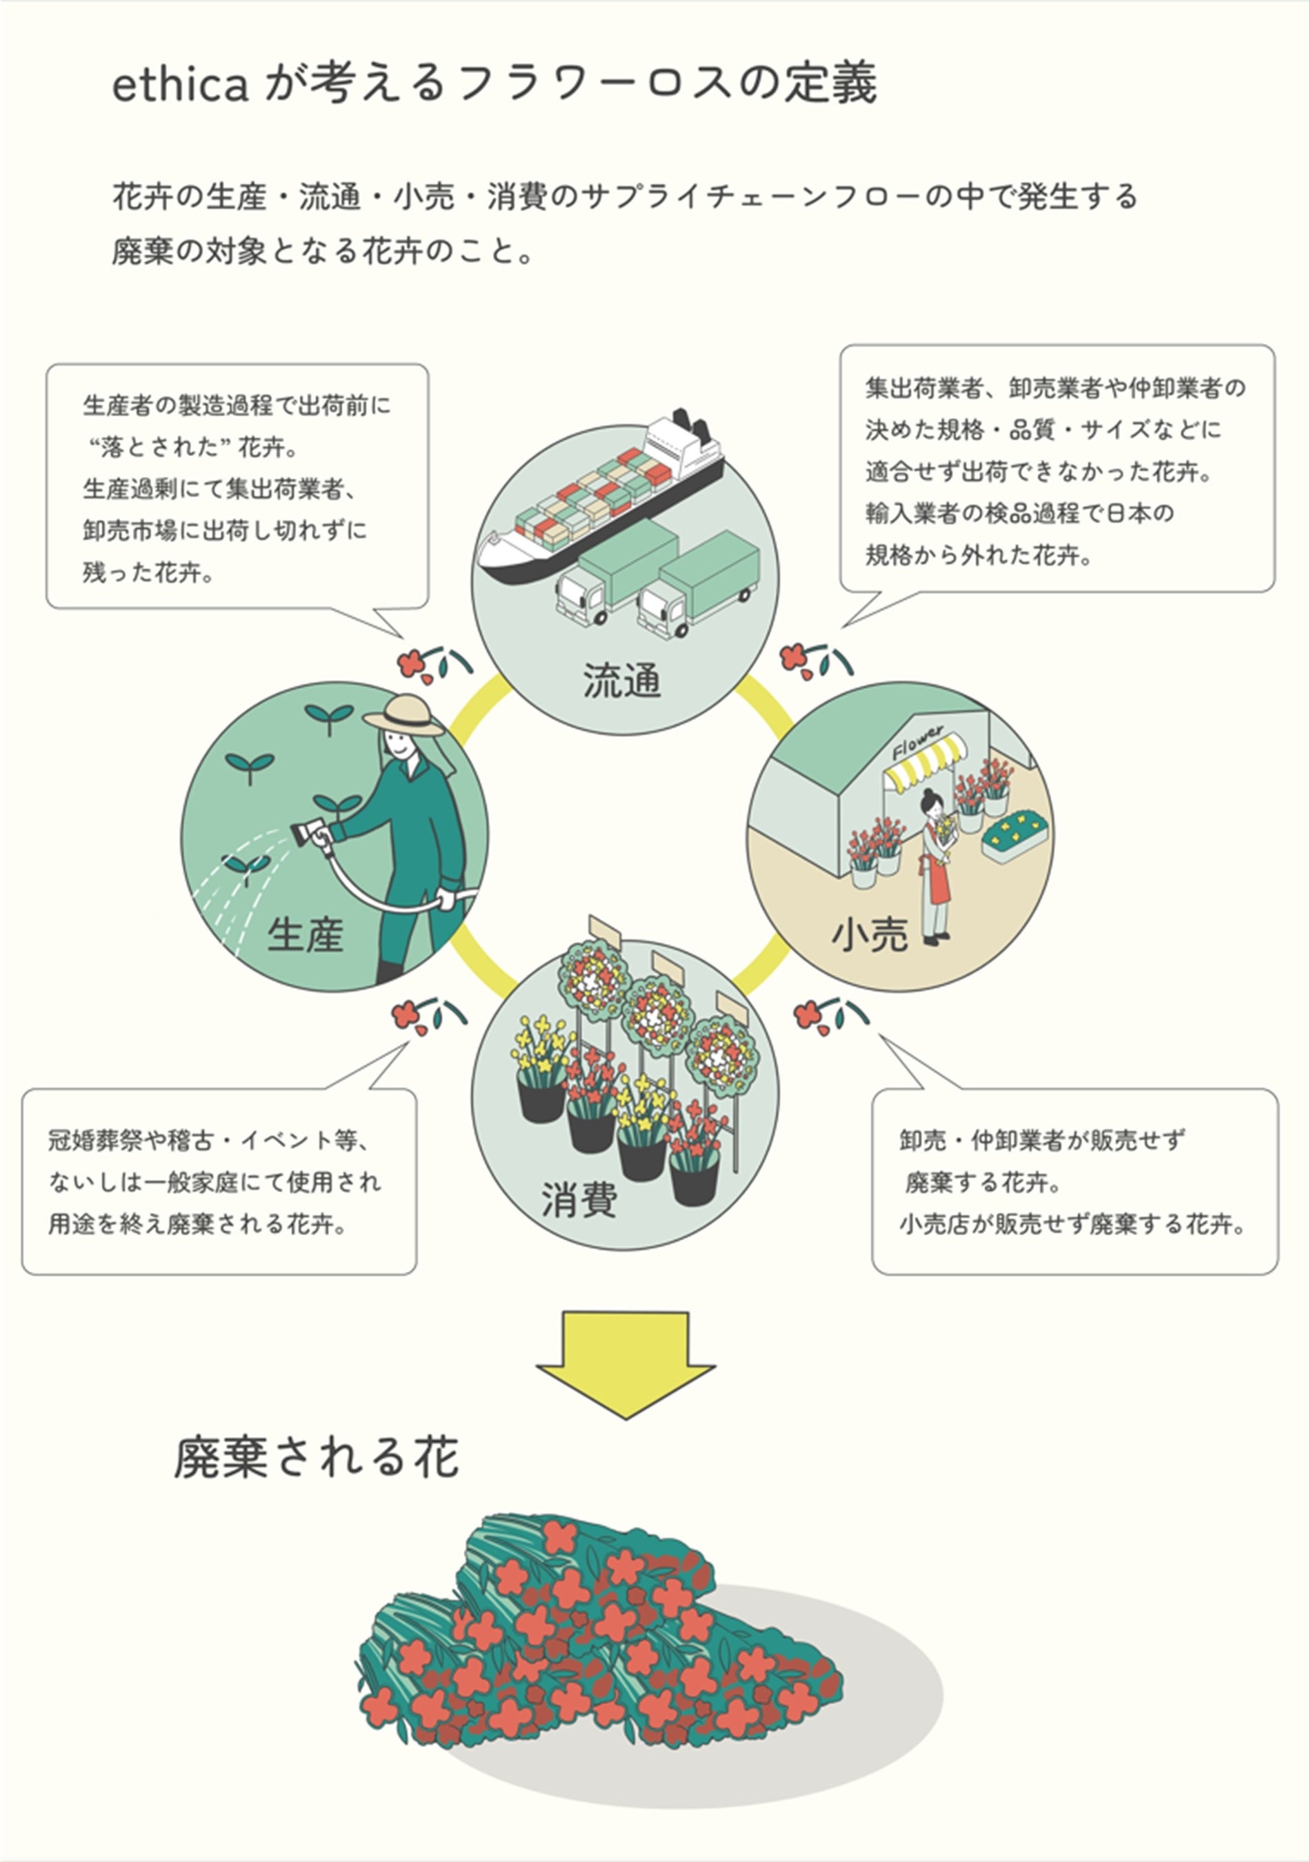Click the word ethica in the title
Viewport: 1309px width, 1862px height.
[x=179, y=85]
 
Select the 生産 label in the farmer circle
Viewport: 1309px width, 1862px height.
[x=305, y=934]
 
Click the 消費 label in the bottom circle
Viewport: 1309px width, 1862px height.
[x=579, y=1199]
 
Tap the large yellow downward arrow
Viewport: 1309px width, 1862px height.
[x=626, y=1361]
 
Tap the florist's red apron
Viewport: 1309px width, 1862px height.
[x=939, y=874]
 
